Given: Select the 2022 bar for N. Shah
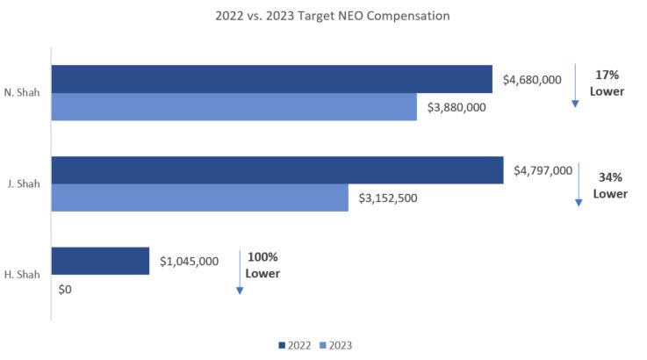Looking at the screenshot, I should point(271,79).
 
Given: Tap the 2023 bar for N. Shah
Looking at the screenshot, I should point(234,107).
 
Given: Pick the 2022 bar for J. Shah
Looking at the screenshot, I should point(277,169).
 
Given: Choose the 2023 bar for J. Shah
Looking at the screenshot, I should point(199,198).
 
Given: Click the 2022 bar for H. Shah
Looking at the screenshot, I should point(100,261).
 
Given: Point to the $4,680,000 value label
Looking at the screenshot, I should point(531,80).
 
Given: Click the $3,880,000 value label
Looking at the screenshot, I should point(456,108).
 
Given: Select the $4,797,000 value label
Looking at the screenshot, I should point(543,170).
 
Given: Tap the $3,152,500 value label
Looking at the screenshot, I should point(388,198).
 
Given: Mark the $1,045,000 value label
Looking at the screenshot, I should point(189,261).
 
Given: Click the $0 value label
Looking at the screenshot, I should point(64,289).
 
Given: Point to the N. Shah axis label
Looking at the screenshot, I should point(24,93).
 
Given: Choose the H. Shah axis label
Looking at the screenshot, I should point(24,275).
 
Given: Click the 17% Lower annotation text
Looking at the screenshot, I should point(607,83).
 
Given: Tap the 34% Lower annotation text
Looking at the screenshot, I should point(610,185).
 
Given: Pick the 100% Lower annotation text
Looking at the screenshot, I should point(262,265).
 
